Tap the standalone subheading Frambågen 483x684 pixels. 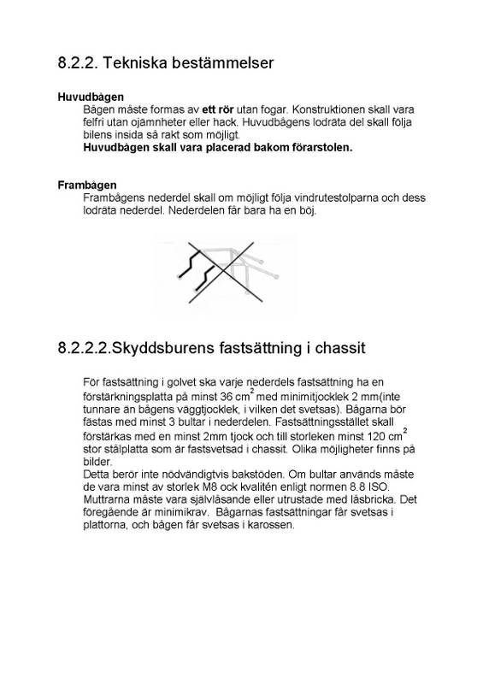click(x=87, y=186)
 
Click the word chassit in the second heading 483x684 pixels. click(x=340, y=348)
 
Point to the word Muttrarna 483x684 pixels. click(x=109, y=499)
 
